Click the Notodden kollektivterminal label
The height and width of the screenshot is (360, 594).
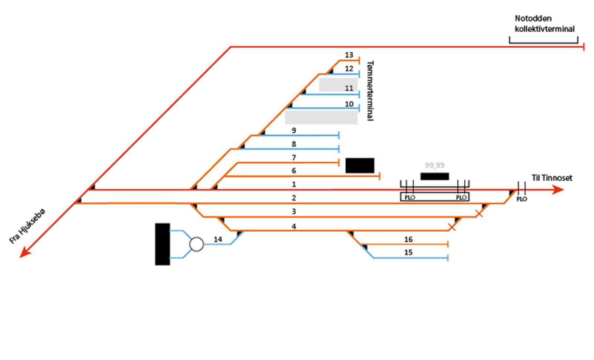pyautogui.click(x=544, y=24)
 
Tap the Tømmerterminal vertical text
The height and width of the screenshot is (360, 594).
pyautogui.click(x=370, y=91)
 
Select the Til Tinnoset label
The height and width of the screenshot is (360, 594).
pyautogui.click(x=552, y=178)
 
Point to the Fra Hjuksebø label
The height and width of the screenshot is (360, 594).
pyautogui.click(x=27, y=226)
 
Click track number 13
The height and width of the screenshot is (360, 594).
pyautogui.click(x=349, y=55)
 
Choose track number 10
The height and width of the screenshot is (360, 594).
pyautogui.click(x=349, y=104)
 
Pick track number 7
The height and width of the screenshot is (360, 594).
pyautogui.click(x=294, y=158)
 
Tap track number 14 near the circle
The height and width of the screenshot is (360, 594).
pyautogui.click(x=218, y=240)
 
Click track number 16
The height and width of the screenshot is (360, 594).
pyautogui.click(x=408, y=240)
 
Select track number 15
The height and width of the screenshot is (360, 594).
pyautogui.click(x=408, y=253)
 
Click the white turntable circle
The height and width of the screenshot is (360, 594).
pyautogui.click(x=196, y=244)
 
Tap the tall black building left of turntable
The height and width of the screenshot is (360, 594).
pyautogui.click(x=162, y=244)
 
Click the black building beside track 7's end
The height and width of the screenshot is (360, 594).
pyautogui.click(x=360, y=165)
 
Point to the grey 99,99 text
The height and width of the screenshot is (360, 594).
pyautogui.click(x=434, y=165)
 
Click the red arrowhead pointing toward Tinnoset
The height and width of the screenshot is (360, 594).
pyautogui.click(x=558, y=189)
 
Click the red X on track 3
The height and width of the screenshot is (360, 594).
pyautogui.click(x=479, y=213)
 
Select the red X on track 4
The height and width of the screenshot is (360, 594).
pyautogui.click(x=452, y=227)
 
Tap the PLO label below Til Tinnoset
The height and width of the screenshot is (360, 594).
pyautogui.click(x=522, y=199)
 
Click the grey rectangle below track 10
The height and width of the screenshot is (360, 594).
pyautogui.click(x=321, y=117)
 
